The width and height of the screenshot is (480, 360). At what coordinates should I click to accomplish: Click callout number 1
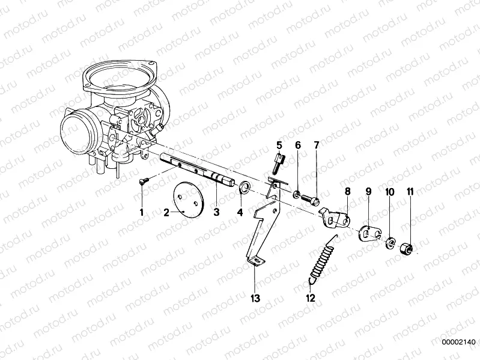(x=142, y=212)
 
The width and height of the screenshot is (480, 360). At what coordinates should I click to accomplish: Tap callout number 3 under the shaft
(x=216, y=212)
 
